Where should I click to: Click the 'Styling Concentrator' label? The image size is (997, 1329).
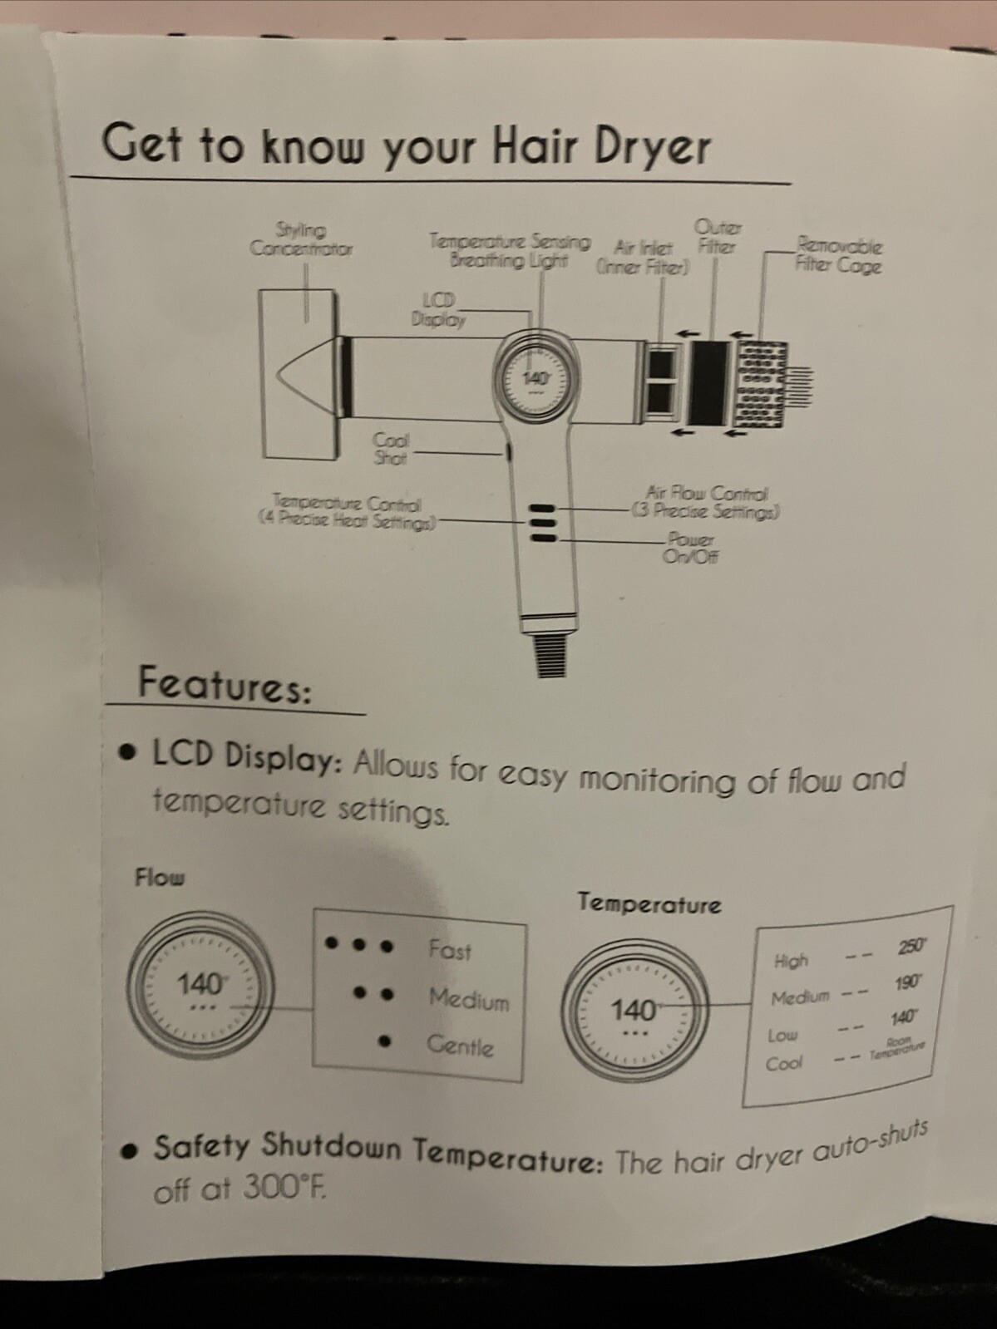click(x=301, y=239)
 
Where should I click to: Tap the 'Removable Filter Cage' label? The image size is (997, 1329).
click(x=837, y=255)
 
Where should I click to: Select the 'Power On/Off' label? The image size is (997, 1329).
click(x=690, y=549)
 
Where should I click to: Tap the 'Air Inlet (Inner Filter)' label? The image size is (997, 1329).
click(x=642, y=257)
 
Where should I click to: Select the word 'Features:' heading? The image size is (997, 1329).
click(x=225, y=685)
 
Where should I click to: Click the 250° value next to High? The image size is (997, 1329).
click(x=911, y=948)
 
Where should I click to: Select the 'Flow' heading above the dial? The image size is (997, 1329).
click(x=160, y=877)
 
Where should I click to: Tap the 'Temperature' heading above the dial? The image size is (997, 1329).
click(x=649, y=903)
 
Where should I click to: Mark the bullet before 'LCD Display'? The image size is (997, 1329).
click(x=127, y=753)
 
